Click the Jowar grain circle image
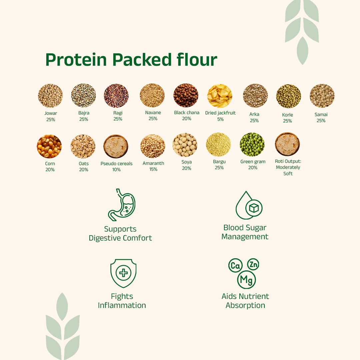50,96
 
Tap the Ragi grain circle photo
116,96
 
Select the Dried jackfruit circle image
220,96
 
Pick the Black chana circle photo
186,95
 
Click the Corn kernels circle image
49,146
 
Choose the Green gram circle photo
252,144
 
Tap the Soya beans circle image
185,145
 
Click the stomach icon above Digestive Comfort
121,205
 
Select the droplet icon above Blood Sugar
248,206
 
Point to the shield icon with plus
123,273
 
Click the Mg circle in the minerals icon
246,280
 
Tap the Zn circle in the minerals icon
253,265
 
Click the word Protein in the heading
76,60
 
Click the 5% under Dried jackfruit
220,119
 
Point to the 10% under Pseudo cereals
116,169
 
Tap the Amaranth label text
153,163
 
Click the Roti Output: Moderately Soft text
288,167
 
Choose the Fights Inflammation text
122,301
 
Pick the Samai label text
321,114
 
